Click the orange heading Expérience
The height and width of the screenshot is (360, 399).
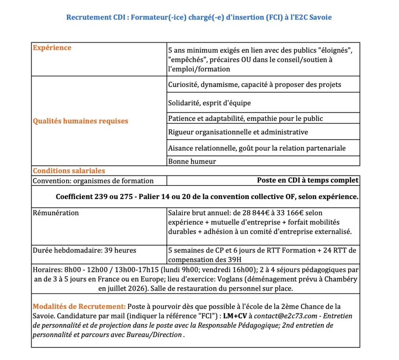(52, 48)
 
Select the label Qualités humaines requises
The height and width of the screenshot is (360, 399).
(80, 121)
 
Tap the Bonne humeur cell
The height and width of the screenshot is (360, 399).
(192, 161)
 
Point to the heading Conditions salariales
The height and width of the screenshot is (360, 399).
(69, 171)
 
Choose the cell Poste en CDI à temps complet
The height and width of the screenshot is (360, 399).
(307, 180)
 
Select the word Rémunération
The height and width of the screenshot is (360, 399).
(56, 213)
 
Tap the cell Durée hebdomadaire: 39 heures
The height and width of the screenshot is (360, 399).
(84, 250)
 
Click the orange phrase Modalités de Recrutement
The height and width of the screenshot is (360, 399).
(79, 307)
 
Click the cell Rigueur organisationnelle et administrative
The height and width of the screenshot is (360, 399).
(238, 132)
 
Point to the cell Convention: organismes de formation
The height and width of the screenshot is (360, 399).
(93, 181)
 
